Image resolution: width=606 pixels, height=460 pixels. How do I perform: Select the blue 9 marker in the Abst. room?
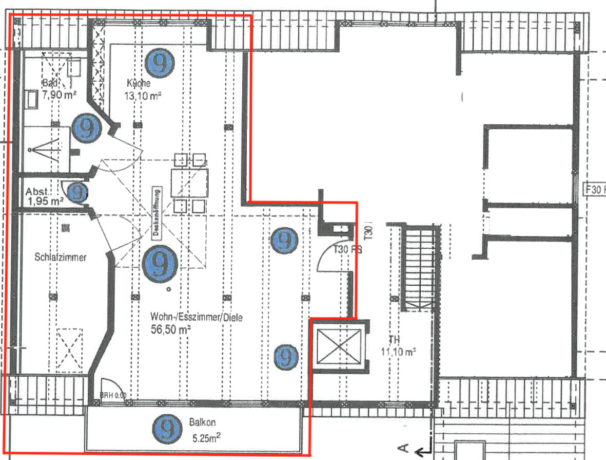coord(77,192)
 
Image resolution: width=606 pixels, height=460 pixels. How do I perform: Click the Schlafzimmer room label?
coord(61,257)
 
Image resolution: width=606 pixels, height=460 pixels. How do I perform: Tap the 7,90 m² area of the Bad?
coord(59,95)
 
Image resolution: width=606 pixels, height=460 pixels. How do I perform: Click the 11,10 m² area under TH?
coord(398,352)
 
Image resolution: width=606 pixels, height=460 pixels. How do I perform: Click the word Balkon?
coord(202,422)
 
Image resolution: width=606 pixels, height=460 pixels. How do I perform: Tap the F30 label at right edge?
coord(595,189)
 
